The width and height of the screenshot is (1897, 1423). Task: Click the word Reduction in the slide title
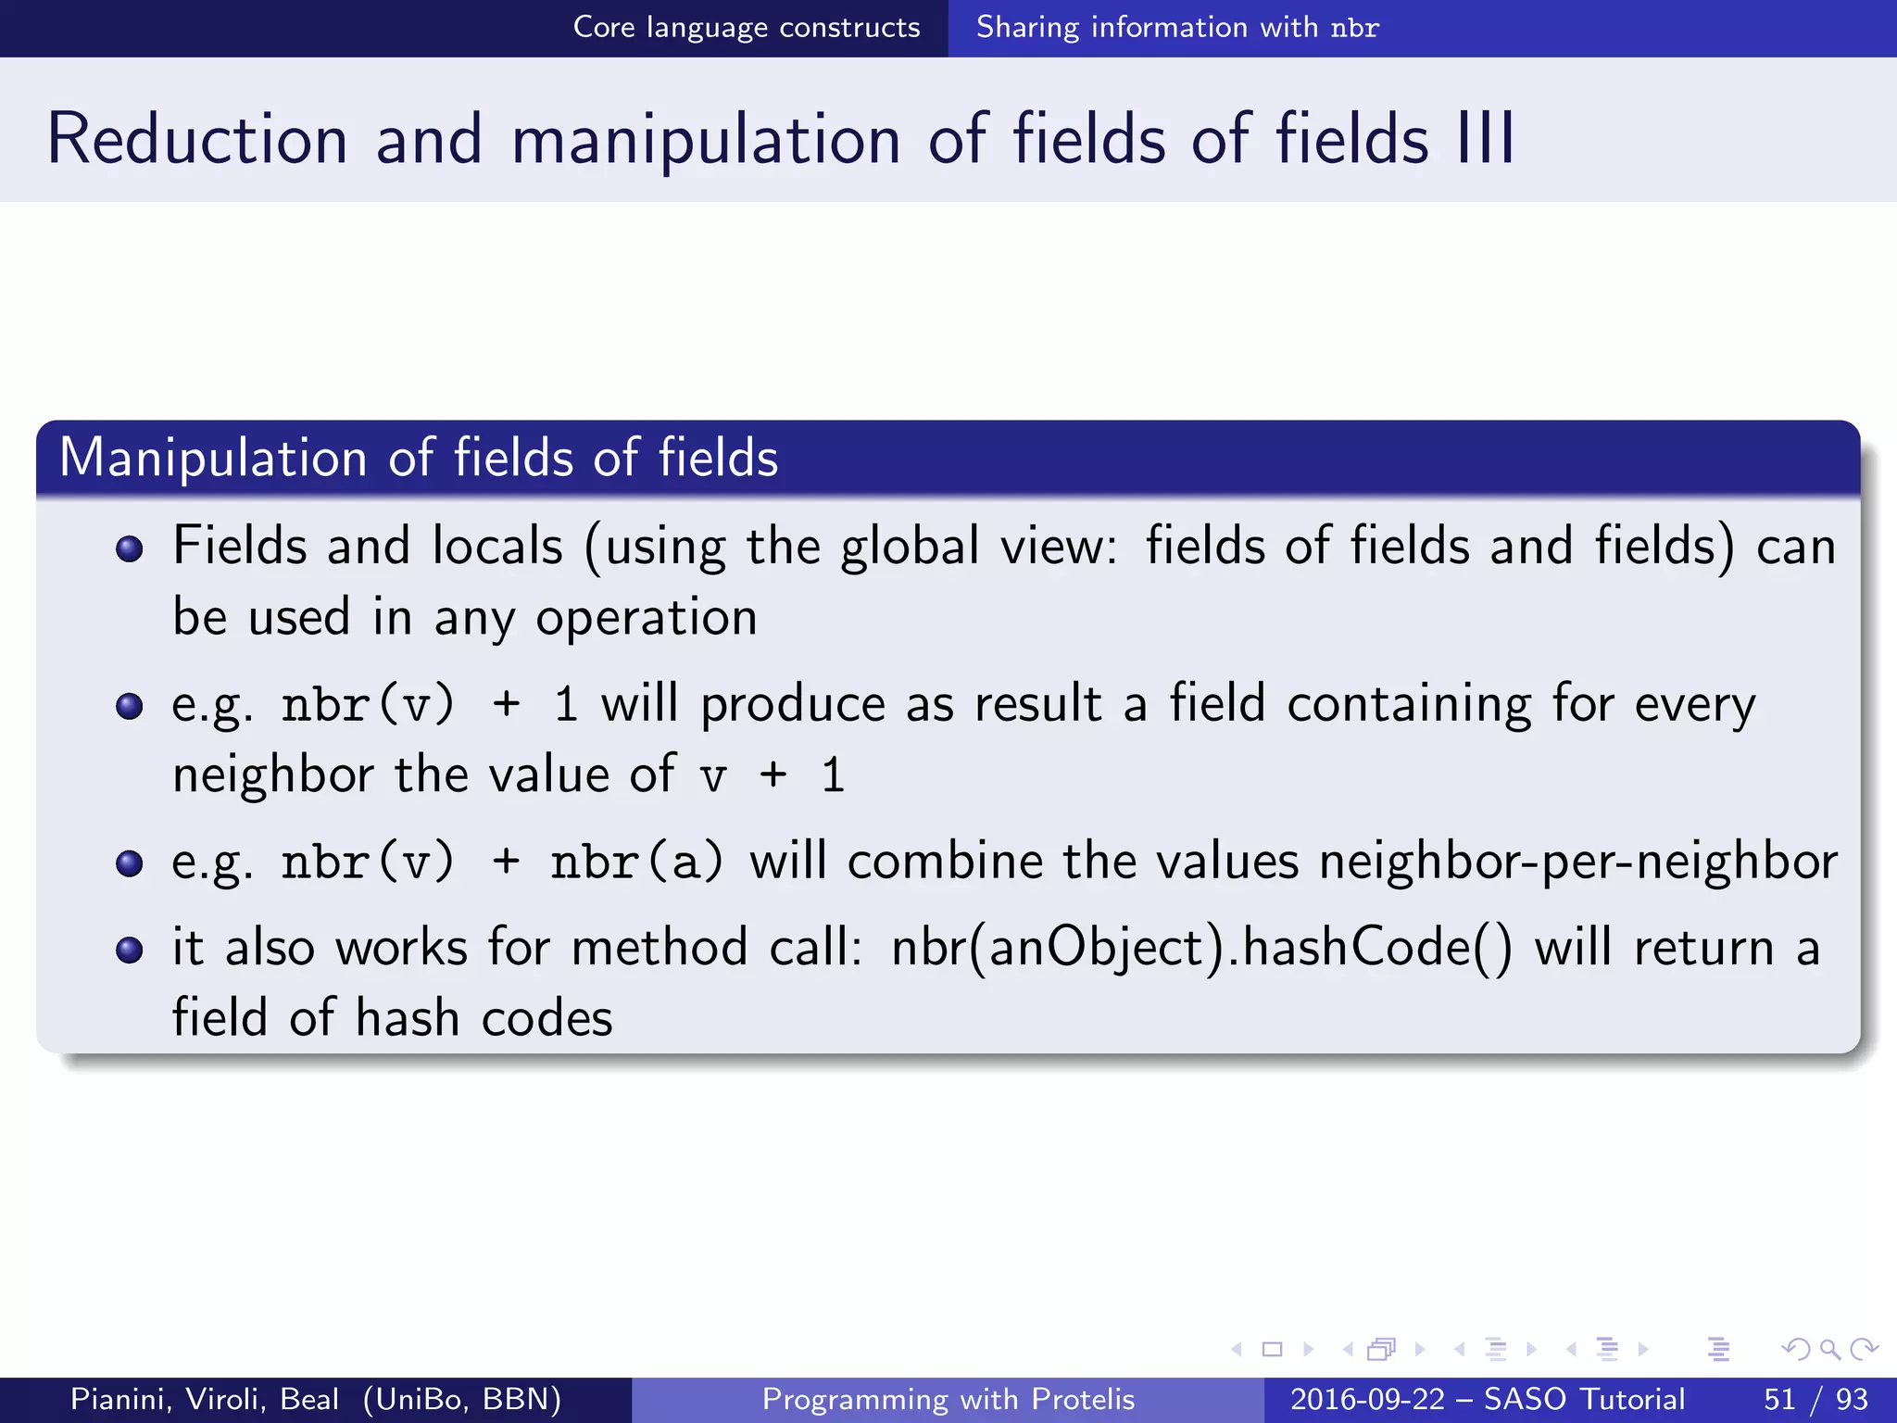197,140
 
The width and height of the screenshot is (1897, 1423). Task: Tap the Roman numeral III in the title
1486,140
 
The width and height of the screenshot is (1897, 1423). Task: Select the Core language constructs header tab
746,28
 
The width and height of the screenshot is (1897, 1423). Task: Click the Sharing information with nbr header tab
1177,28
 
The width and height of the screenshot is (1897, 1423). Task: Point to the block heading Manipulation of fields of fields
419,458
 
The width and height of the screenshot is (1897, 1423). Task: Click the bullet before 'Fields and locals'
130,548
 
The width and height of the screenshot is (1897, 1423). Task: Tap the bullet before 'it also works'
130,950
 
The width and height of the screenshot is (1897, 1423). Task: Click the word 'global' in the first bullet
909,546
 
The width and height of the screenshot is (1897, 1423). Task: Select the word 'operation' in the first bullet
647,618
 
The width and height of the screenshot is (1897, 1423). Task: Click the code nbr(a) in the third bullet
636,862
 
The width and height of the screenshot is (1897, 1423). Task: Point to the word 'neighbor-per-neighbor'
1578,862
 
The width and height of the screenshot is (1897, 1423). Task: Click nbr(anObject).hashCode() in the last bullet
1201,948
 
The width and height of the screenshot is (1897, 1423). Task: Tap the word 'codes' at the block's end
546,1018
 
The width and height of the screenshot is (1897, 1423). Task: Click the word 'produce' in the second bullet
793,704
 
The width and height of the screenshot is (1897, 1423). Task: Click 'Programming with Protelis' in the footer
948,1399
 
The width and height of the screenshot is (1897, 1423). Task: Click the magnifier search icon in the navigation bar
1829,1349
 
